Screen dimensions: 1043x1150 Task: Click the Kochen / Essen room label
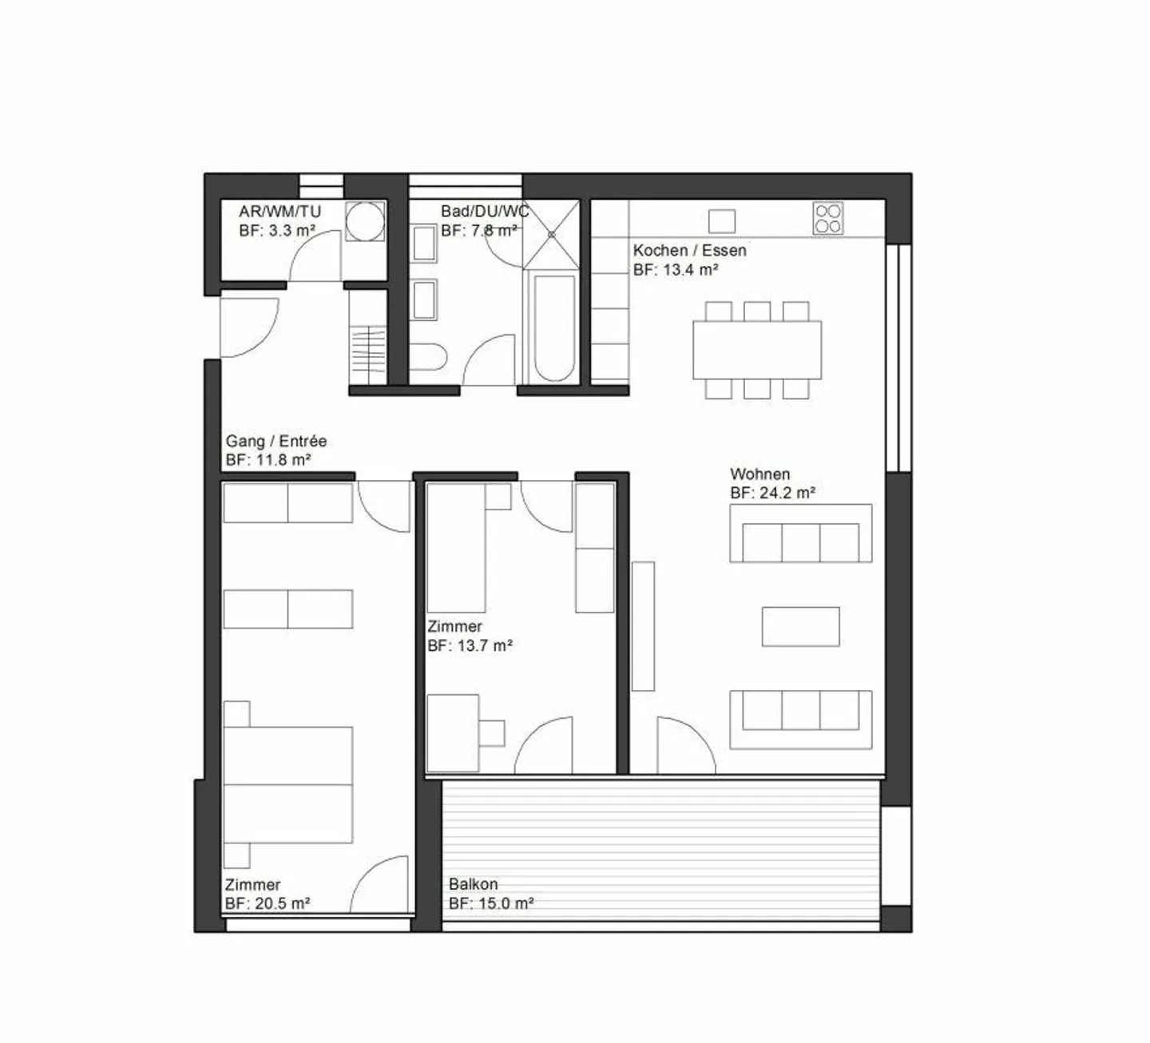(689, 250)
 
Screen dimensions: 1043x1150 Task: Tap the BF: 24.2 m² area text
(772, 493)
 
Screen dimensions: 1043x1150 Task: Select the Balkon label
(473, 884)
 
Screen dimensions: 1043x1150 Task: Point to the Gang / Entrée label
(276, 441)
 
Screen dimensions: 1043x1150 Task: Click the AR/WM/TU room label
(280, 212)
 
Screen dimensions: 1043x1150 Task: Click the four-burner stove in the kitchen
(828, 218)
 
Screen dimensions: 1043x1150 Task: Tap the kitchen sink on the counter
(722, 220)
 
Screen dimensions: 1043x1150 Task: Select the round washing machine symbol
(366, 220)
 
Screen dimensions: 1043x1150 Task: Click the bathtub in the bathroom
(553, 327)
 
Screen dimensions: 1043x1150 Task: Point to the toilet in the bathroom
(427, 357)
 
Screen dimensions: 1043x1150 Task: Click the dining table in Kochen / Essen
(756, 350)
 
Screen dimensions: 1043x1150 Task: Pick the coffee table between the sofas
(800, 626)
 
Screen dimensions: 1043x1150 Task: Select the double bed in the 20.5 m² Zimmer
(288, 784)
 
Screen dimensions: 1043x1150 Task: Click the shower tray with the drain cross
(551, 234)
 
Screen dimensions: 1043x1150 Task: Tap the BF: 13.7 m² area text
(470, 645)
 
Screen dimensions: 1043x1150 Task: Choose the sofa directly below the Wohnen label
(800, 533)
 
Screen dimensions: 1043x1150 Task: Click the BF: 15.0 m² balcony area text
(490, 903)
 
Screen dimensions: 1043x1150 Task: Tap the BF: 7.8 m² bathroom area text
(478, 230)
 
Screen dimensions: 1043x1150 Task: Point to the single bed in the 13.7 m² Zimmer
(456, 547)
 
